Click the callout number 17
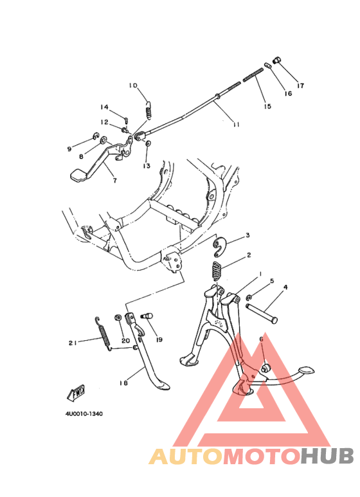[x=300, y=86]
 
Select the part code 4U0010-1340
[x=84, y=414]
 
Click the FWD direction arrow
[x=76, y=392]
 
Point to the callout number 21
[x=73, y=343]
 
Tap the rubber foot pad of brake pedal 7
[x=77, y=176]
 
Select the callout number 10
[x=133, y=86]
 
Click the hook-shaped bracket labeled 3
[x=219, y=247]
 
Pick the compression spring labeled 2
[x=217, y=271]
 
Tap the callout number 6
[x=261, y=339]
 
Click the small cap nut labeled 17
[x=276, y=60]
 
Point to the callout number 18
[x=123, y=383]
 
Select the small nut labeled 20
[x=118, y=317]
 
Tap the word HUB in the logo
[x=327, y=456]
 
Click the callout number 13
[x=147, y=166]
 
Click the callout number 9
[x=69, y=149]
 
